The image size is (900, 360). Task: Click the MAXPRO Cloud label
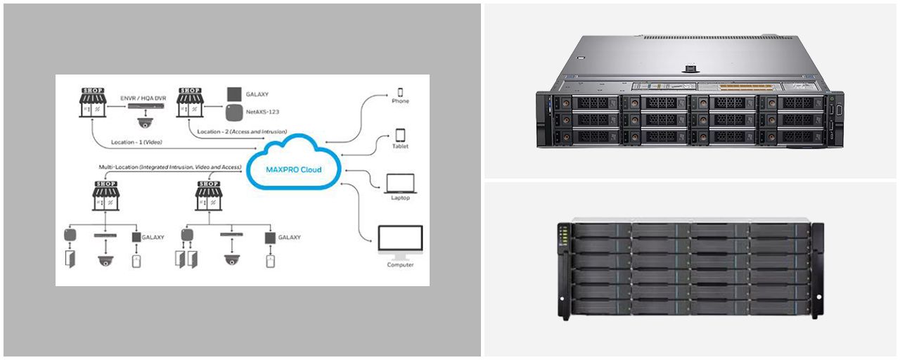click(294, 169)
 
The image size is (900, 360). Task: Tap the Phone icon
click(400, 92)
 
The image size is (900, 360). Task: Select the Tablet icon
click(400, 134)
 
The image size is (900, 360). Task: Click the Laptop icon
click(400, 184)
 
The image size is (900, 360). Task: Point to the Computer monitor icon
click(400, 243)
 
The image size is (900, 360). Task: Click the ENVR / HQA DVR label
click(143, 98)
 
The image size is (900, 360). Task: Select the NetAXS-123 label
click(262, 112)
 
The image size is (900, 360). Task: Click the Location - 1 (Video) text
click(136, 142)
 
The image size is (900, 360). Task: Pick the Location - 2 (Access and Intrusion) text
click(242, 131)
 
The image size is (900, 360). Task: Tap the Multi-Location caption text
click(170, 167)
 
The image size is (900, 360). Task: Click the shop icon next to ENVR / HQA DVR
click(93, 103)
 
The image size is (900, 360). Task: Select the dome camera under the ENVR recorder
click(145, 122)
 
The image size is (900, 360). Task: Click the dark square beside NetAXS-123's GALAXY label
click(234, 94)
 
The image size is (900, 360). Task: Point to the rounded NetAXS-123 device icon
click(234, 112)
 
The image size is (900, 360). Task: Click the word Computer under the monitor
click(400, 265)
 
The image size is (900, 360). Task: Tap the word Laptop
click(400, 198)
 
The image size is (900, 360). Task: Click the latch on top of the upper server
click(690, 69)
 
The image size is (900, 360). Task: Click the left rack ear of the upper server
click(544, 120)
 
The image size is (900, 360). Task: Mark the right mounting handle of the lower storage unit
click(817, 271)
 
